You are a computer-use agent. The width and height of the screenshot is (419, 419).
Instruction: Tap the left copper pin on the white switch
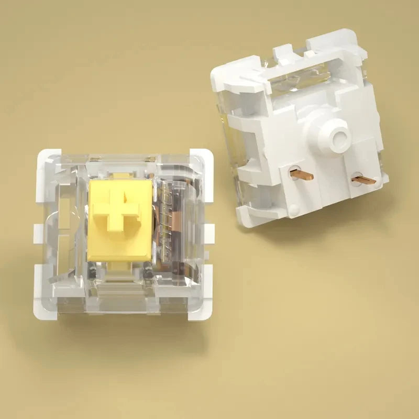click(x=302, y=173)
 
